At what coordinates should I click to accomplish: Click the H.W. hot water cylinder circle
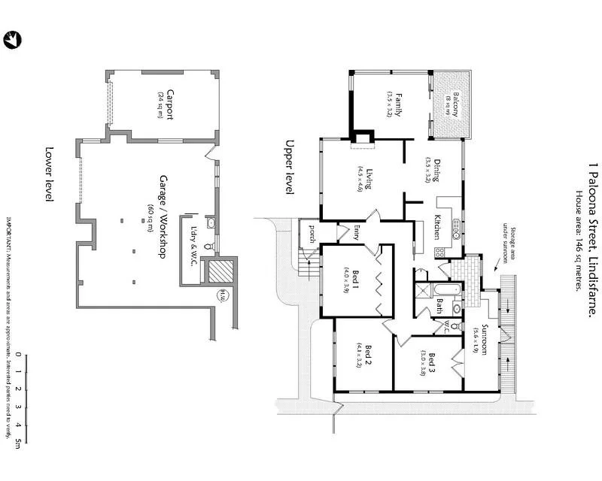[223, 295]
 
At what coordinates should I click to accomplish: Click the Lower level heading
[50, 174]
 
